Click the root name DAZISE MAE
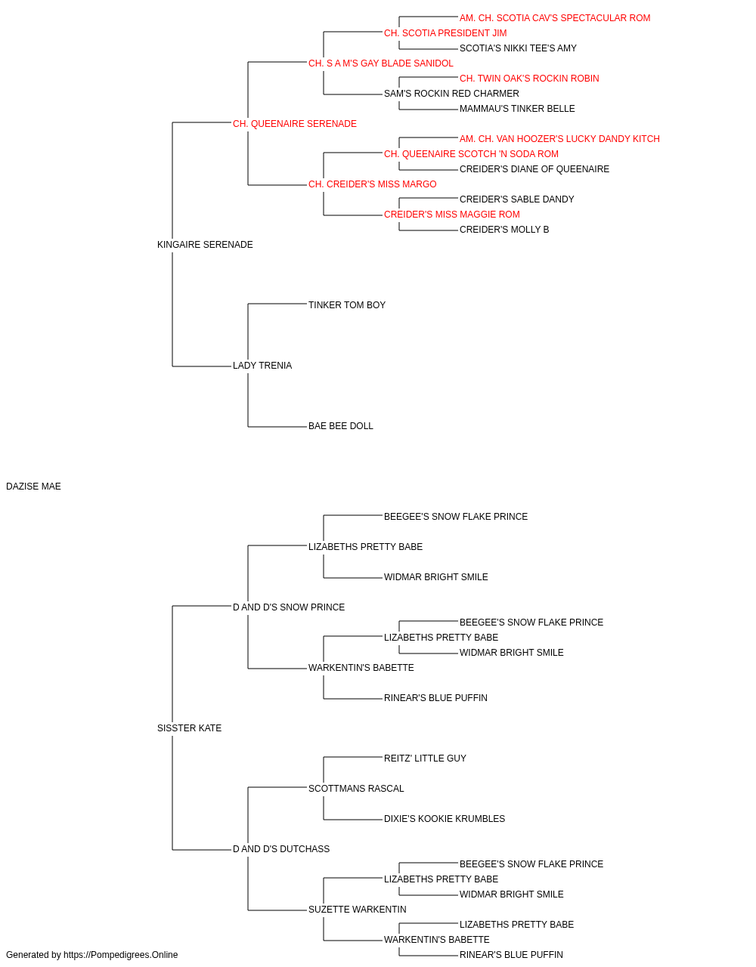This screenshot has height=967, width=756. click(33, 487)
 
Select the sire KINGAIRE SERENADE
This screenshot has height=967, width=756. click(205, 244)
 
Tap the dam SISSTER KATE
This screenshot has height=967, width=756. click(189, 728)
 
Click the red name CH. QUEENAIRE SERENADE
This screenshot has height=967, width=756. click(295, 124)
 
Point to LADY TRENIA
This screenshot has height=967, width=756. click(262, 366)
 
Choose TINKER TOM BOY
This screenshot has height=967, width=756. click(347, 304)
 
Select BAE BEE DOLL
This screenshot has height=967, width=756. click(341, 426)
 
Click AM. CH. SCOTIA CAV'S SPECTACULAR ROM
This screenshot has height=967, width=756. click(555, 18)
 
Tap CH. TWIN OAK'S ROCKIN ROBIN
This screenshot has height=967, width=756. click(529, 79)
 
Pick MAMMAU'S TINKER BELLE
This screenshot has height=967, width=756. click(517, 109)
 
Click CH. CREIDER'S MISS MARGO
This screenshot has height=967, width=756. click(372, 184)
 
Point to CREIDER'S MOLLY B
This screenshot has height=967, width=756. click(504, 230)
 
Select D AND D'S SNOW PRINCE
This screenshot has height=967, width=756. click(289, 607)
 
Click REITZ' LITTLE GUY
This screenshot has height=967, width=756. click(425, 758)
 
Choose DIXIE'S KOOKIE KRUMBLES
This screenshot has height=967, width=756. click(445, 819)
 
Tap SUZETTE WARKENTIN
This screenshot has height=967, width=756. click(357, 910)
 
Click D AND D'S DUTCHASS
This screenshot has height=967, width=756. click(281, 849)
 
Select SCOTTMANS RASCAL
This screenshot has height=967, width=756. click(356, 789)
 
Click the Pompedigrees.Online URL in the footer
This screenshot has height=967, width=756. click(120, 955)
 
